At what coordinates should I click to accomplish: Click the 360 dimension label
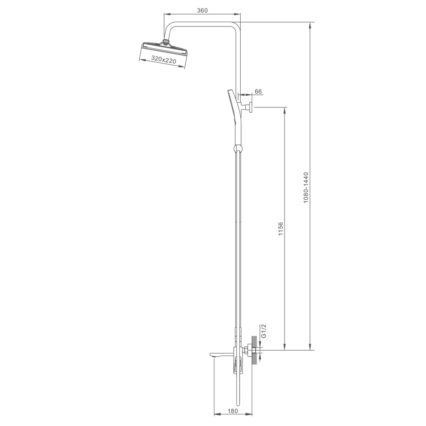pyautogui.click(x=202, y=10)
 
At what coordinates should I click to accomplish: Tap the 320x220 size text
pyautogui.click(x=164, y=60)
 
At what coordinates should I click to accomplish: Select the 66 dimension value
pyautogui.click(x=259, y=91)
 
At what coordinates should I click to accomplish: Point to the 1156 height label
pyautogui.click(x=280, y=229)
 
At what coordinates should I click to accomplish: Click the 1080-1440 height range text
pyautogui.click(x=306, y=187)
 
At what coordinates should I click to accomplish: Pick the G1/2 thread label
pyautogui.click(x=263, y=331)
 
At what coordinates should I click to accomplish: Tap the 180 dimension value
pyautogui.click(x=233, y=411)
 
